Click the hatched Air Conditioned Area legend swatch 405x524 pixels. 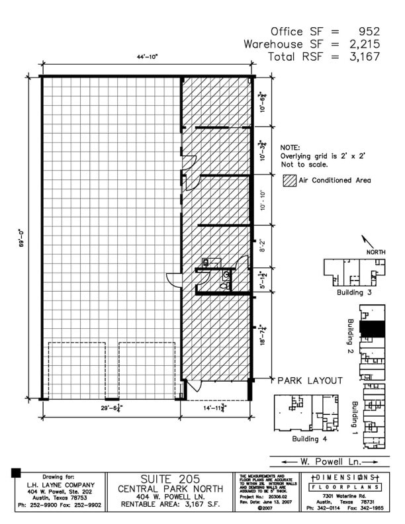(287, 180)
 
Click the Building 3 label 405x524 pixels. (349, 292)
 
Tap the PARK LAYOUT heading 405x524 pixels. (310, 380)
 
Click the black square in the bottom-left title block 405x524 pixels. (17, 472)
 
